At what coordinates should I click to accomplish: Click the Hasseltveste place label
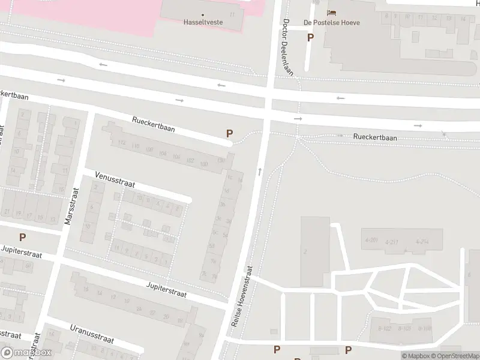202,22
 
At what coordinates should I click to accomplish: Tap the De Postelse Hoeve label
331,23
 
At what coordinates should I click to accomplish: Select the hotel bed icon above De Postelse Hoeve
331,13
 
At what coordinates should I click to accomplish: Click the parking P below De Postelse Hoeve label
310,37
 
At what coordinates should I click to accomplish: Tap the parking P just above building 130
229,134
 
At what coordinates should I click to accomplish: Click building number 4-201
371,241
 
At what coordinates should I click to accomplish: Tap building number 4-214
421,242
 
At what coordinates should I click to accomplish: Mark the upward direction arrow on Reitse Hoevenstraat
259,172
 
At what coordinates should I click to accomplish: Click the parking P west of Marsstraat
23,237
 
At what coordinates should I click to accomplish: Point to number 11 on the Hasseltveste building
232,14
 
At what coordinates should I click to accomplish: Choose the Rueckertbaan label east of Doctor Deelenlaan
375,137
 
